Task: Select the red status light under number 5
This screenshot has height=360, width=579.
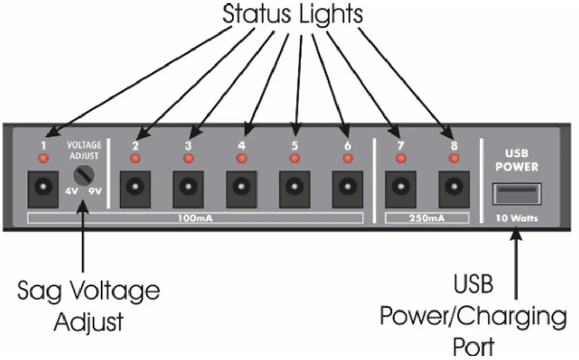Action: click(x=295, y=158)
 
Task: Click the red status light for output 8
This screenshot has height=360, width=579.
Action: click(x=454, y=158)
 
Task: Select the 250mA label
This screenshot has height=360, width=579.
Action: click(x=427, y=218)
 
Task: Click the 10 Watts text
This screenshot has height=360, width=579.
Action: click(x=517, y=218)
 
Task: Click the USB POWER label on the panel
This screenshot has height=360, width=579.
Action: click(x=517, y=160)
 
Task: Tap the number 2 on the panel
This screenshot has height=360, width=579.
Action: click(x=136, y=145)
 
